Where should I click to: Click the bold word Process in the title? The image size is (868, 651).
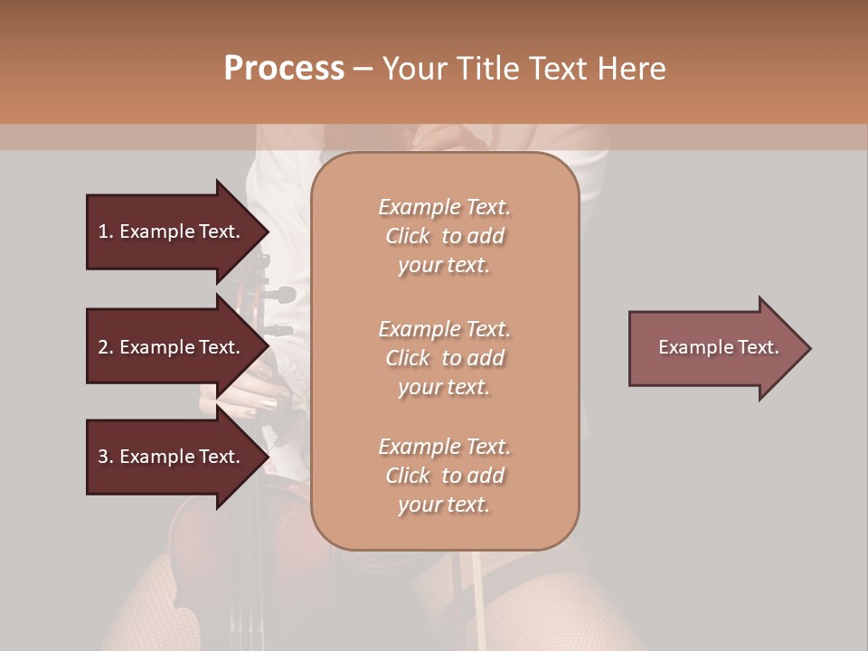point(284,68)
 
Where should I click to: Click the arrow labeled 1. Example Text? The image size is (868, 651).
point(172,231)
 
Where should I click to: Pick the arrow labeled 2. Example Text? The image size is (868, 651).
point(172,347)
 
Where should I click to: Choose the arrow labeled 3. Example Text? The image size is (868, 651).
point(172,457)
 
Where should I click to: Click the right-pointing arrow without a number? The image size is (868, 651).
point(714,347)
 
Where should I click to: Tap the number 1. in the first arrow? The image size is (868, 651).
point(106,231)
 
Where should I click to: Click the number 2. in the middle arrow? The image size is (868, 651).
point(106,347)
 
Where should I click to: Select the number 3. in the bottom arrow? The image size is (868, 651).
point(106,457)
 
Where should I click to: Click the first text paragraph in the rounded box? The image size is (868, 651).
point(444,236)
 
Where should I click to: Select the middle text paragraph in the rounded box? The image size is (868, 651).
point(444,357)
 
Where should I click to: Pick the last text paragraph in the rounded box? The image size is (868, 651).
point(444,476)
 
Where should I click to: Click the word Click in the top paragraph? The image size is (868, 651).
point(408,236)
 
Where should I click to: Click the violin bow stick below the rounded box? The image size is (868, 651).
point(472,588)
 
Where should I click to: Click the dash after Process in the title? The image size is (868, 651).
point(363,68)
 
